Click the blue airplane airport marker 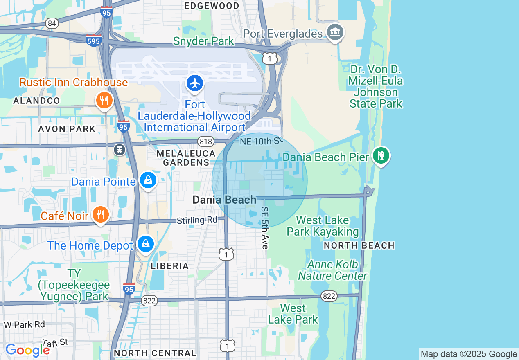tap(195, 83)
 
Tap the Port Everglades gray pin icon tap(335, 32)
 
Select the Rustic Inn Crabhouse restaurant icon tap(104, 100)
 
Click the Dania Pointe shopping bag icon tap(148, 180)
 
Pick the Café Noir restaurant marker tap(100, 214)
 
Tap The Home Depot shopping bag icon tap(145, 244)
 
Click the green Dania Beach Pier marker tap(381, 155)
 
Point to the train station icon tap(120, 150)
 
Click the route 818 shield tap(205, 142)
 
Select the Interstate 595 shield tap(94, 40)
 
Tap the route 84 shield tap(52, 23)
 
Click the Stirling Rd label tap(197, 220)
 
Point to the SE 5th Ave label tap(265, 227)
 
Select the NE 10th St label tap(261, 142)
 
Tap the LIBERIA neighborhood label tap(170, 266)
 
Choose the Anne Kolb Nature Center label tap(332, 270)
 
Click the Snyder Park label tap(203, 41)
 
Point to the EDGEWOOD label tap(212, 6)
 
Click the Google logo tap(27, 350)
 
